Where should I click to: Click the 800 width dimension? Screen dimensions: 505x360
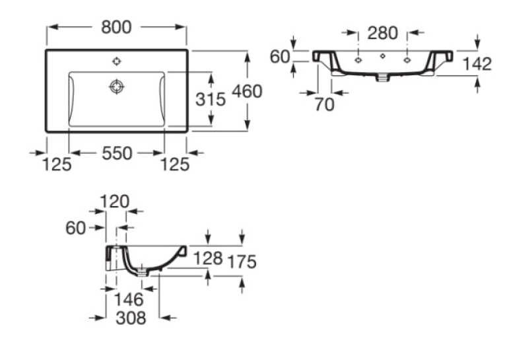tap(116, 27)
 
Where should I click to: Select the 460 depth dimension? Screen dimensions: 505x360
tap(248, 91)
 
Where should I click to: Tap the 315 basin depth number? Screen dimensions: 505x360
tap(211, 99)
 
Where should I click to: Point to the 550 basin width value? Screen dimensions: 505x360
tap(117, 153)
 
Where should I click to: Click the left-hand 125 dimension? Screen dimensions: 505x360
tap(57, 164)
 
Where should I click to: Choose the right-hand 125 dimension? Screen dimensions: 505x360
tap(175, 164)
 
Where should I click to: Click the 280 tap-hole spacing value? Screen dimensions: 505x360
tap(383, 33)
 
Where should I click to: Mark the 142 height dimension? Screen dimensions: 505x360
tap(477, 63)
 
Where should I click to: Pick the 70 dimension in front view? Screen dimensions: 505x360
tap(324, 104)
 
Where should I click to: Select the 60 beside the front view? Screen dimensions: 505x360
tap(280, 57)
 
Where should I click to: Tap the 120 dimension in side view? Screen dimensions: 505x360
tap(115, 201)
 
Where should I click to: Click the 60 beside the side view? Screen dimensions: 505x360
tap(76, 228)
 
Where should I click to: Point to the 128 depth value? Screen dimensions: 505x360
tap(208, 258)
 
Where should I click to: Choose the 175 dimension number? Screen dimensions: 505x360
tap(242, 262)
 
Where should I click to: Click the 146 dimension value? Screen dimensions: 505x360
tap(129, 300)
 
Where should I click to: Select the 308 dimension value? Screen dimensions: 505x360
tap(131, 318)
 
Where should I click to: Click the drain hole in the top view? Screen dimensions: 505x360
tap(117, 87)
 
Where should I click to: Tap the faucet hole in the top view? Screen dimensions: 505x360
tap(117, 61)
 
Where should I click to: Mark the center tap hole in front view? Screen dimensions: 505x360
tap(383, 56)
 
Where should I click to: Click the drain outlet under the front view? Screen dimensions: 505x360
tap(383, 78)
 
